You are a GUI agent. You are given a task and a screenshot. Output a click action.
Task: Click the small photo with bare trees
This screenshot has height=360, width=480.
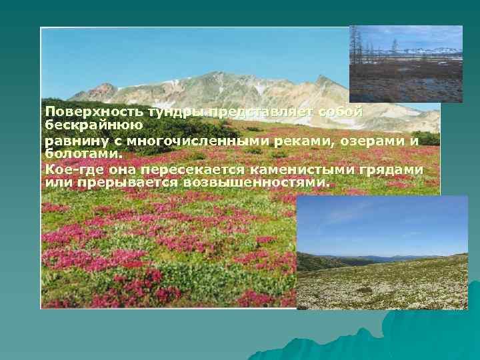click(x=405, y=63)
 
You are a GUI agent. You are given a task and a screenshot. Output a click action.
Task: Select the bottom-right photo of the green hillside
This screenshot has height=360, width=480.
click(x=382, y=253)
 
